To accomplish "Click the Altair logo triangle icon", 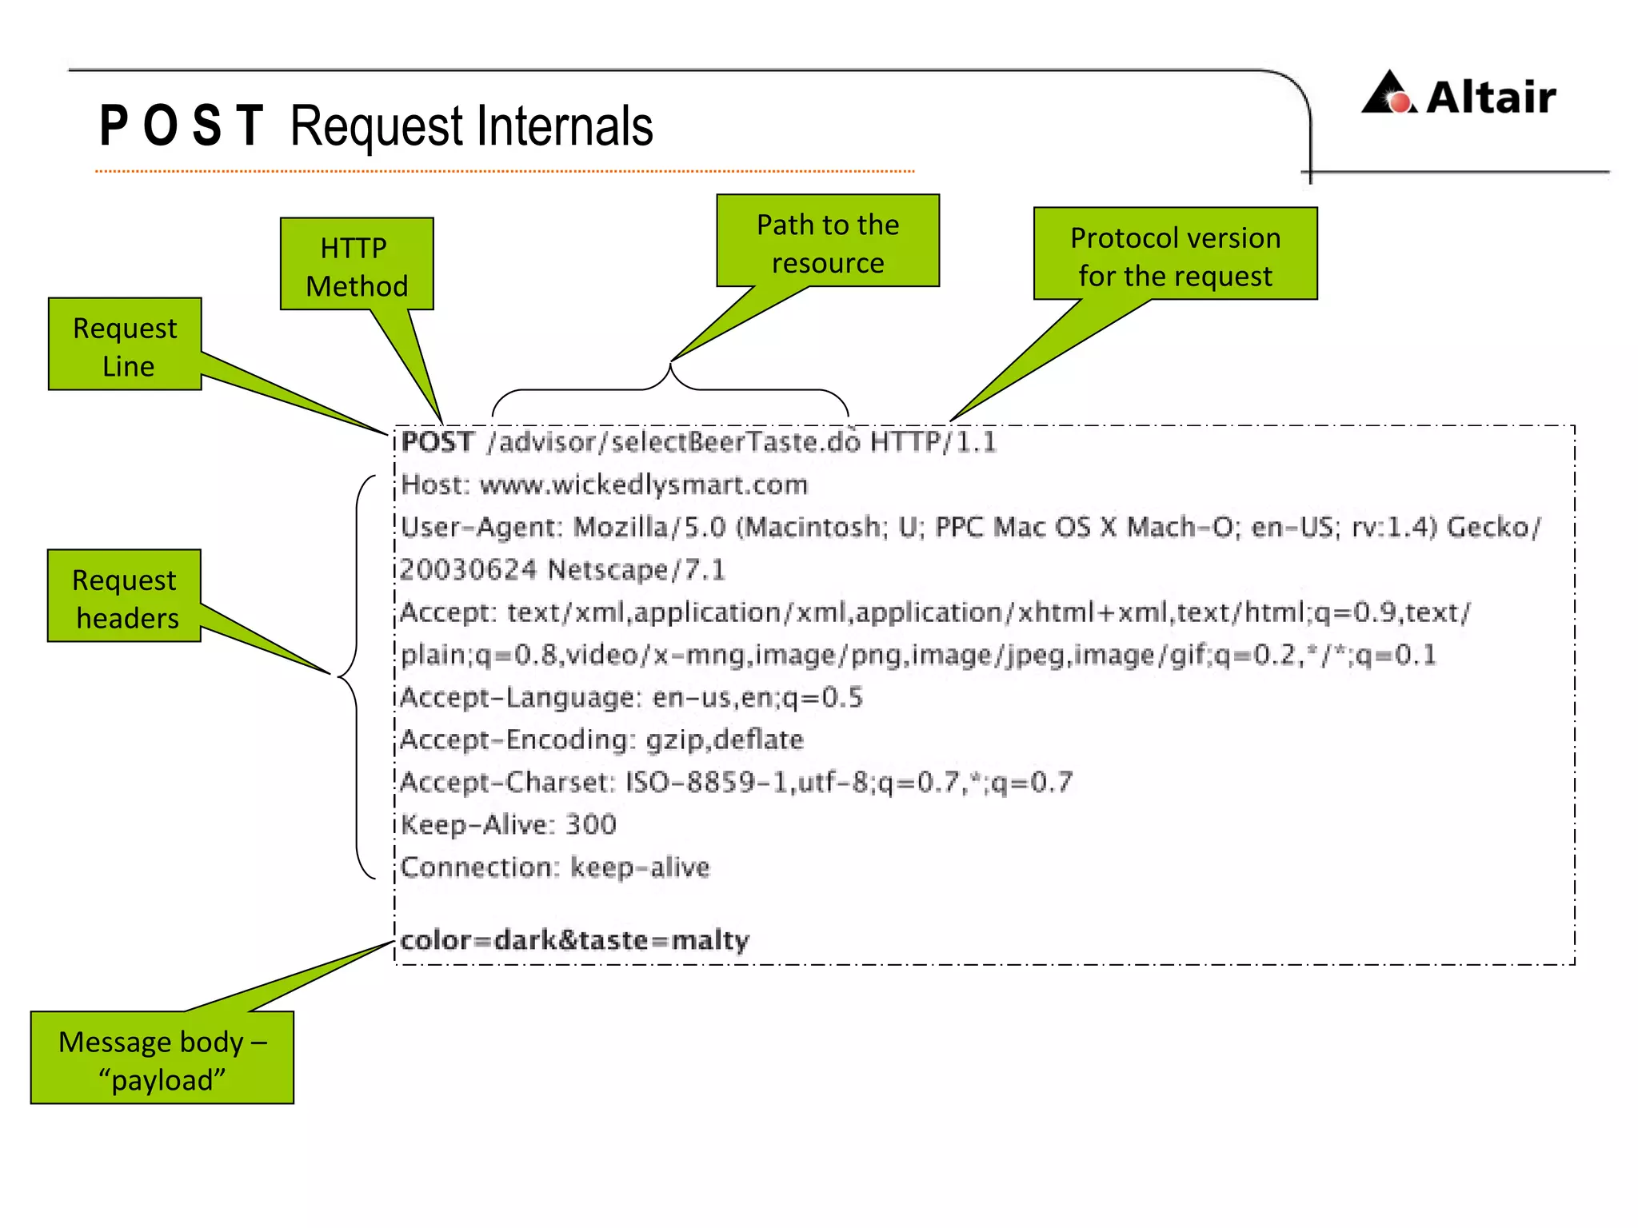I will coord(1389,94).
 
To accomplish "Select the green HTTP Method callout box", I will coord(357,264).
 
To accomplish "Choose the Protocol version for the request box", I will coord(1175,254).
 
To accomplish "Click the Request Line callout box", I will coord(125,345).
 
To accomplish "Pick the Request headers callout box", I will coord(124,596).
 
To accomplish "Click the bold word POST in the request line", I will coord(437,442).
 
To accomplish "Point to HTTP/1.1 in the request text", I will coord(933,442).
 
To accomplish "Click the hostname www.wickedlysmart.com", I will coord(644,485).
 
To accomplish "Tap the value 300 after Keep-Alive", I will coord(591,824).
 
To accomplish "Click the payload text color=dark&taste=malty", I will coord(574,940).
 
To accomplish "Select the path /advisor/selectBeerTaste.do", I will coord(673,442).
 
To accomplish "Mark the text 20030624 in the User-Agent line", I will coord(469,570).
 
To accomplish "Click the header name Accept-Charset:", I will coord(508,783).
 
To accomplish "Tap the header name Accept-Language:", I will coord(521,698).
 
